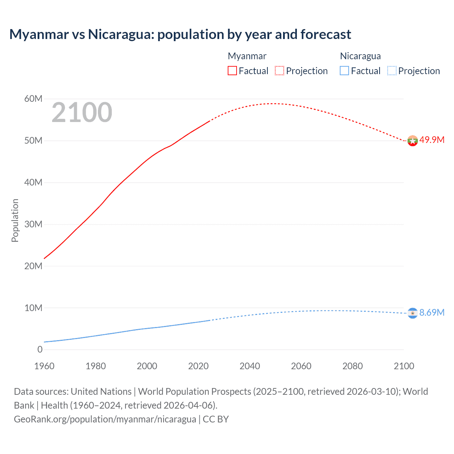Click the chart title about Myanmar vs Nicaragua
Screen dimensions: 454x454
tap(180, 34)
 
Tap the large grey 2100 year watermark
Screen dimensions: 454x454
tap(82, 112)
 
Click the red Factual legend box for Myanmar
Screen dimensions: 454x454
tap(232, 71)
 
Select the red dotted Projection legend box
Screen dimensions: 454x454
tap(279, 71)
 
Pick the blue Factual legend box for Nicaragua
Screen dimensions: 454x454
tap(344, 71)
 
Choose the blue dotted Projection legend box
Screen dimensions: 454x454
tap(392, 71)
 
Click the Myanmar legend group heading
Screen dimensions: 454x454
tap(247, 56)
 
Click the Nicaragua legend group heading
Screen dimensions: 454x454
tap(360, 56)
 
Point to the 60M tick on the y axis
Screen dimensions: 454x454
tap(33, 99)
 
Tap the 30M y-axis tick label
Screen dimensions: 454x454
tap(33, 224)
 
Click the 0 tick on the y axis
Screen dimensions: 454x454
tap(40, 349)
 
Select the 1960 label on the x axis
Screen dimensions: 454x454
tap(44, 366)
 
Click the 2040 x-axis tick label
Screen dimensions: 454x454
tap(250, 366)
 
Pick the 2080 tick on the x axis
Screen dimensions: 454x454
tap(353, 366)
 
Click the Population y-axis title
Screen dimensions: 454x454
tap(15, 220)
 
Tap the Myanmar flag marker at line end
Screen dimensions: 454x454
tap(413, 141)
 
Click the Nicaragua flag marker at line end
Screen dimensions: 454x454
tap(413, 313)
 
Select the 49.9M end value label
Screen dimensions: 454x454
tap(432, 140)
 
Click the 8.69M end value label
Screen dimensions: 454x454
tap(432, 312)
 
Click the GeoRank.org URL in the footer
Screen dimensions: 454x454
tap(105, 419)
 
